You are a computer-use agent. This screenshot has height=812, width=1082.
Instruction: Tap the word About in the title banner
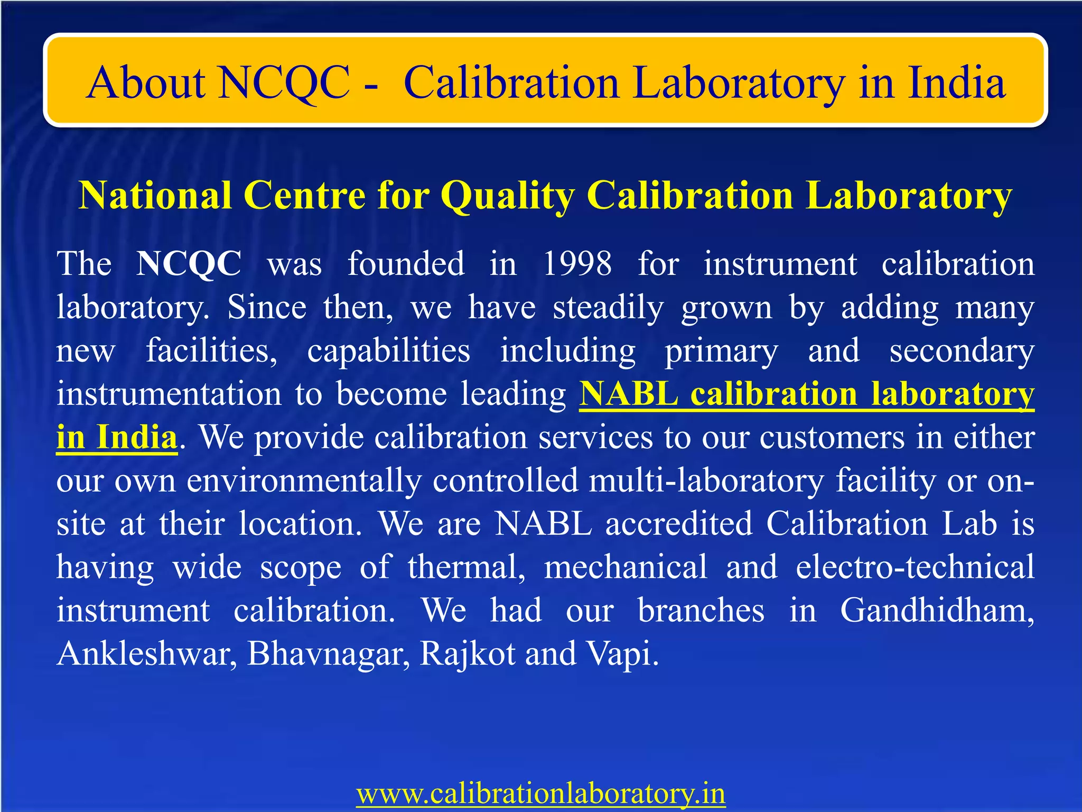pos(146,82)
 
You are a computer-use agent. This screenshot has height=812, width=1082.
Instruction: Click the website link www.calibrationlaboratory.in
pos(540,793)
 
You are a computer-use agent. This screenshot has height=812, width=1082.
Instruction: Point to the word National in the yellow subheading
pos(155,196)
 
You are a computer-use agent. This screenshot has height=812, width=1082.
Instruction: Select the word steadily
pos(608,308)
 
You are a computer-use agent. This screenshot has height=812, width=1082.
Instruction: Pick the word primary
pos(721,352)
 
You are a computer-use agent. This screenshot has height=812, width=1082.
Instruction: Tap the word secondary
pos(962,352)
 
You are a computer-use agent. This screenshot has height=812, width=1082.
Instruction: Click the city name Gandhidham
pos(937,611)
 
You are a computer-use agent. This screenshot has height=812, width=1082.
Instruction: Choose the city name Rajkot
pos(467,654)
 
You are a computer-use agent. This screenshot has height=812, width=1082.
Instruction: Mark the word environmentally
pos(304,481)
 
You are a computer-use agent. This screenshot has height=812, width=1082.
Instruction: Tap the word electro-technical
pos(915,567)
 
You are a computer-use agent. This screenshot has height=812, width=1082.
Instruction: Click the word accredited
pos(679,524)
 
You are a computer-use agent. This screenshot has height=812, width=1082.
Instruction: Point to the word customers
pos(832,438)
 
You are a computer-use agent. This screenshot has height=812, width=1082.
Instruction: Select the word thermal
pos(467,567)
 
